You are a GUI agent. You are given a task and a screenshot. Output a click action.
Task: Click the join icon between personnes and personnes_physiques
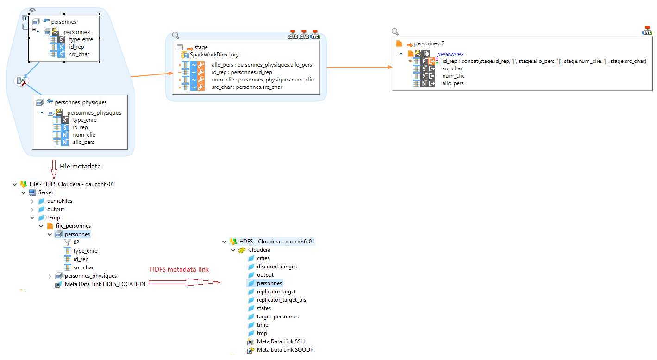click(21, 81)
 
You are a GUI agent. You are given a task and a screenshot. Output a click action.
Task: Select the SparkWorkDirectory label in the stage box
click(214, 55)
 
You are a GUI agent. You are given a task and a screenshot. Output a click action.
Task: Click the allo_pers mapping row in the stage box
click(262, 65)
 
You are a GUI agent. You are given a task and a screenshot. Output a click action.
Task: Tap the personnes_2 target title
click(429, 43)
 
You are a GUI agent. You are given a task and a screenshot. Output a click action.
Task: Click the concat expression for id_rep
click(544, 61)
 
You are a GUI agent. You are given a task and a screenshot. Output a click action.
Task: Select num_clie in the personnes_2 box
click(453, 76)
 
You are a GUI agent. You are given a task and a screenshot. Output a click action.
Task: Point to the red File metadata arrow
click(54, 169)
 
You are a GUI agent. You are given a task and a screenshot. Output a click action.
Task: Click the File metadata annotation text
click(80, 166)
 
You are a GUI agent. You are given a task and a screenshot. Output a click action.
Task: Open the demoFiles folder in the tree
click(60, 201)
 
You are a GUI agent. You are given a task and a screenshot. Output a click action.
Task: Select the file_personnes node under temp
click(73, 226)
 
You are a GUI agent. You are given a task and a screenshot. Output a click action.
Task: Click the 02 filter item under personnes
click(76, 242)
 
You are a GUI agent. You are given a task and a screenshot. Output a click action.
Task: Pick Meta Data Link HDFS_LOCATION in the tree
click(105, 284)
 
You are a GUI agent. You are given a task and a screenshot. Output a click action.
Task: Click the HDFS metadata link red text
click(179, 270)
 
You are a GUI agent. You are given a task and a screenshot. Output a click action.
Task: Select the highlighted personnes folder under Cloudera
click(269, 283)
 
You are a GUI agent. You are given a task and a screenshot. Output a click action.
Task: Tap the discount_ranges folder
click(277, 267)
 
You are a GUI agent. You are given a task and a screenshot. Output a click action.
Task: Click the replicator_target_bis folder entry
click(281, 300)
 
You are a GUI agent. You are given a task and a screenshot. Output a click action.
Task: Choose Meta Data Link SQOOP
click(285, 350)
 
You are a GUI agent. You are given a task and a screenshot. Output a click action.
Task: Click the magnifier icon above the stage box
click(175, 35)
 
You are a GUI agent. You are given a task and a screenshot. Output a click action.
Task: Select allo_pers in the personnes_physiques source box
click(83, 142)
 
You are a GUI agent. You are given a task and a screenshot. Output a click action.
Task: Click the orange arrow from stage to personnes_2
click(359, 67)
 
